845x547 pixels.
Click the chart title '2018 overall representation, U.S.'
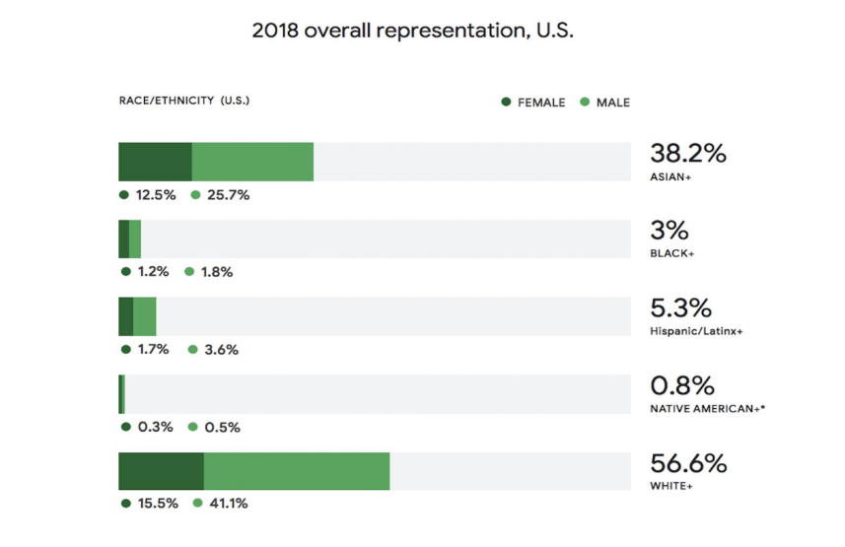tap(413, 31)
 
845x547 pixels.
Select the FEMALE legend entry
tap(533, 102)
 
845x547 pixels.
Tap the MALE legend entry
tap(604, 102)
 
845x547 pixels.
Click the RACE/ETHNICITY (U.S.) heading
tap(185, 101)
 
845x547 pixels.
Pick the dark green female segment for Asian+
tap(155, 162)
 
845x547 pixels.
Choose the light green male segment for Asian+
tap(252, 162)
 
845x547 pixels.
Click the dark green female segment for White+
tap(161, 471)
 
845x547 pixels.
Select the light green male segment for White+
tap(297, 471)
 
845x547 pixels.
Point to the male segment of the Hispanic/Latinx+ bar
tap(145, 316)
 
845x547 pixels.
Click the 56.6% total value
tap(688, 463)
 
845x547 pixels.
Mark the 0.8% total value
tap(682, 385)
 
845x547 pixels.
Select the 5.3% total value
tap(682, 308)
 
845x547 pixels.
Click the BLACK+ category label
tap(672, 254)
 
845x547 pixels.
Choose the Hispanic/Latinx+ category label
tap(696, 331)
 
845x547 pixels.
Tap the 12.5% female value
tap(155, 195)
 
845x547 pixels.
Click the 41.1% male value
tap(228, 504)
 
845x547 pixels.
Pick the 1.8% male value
tap(216, 272)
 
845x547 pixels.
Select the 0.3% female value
tap(154, 427)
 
